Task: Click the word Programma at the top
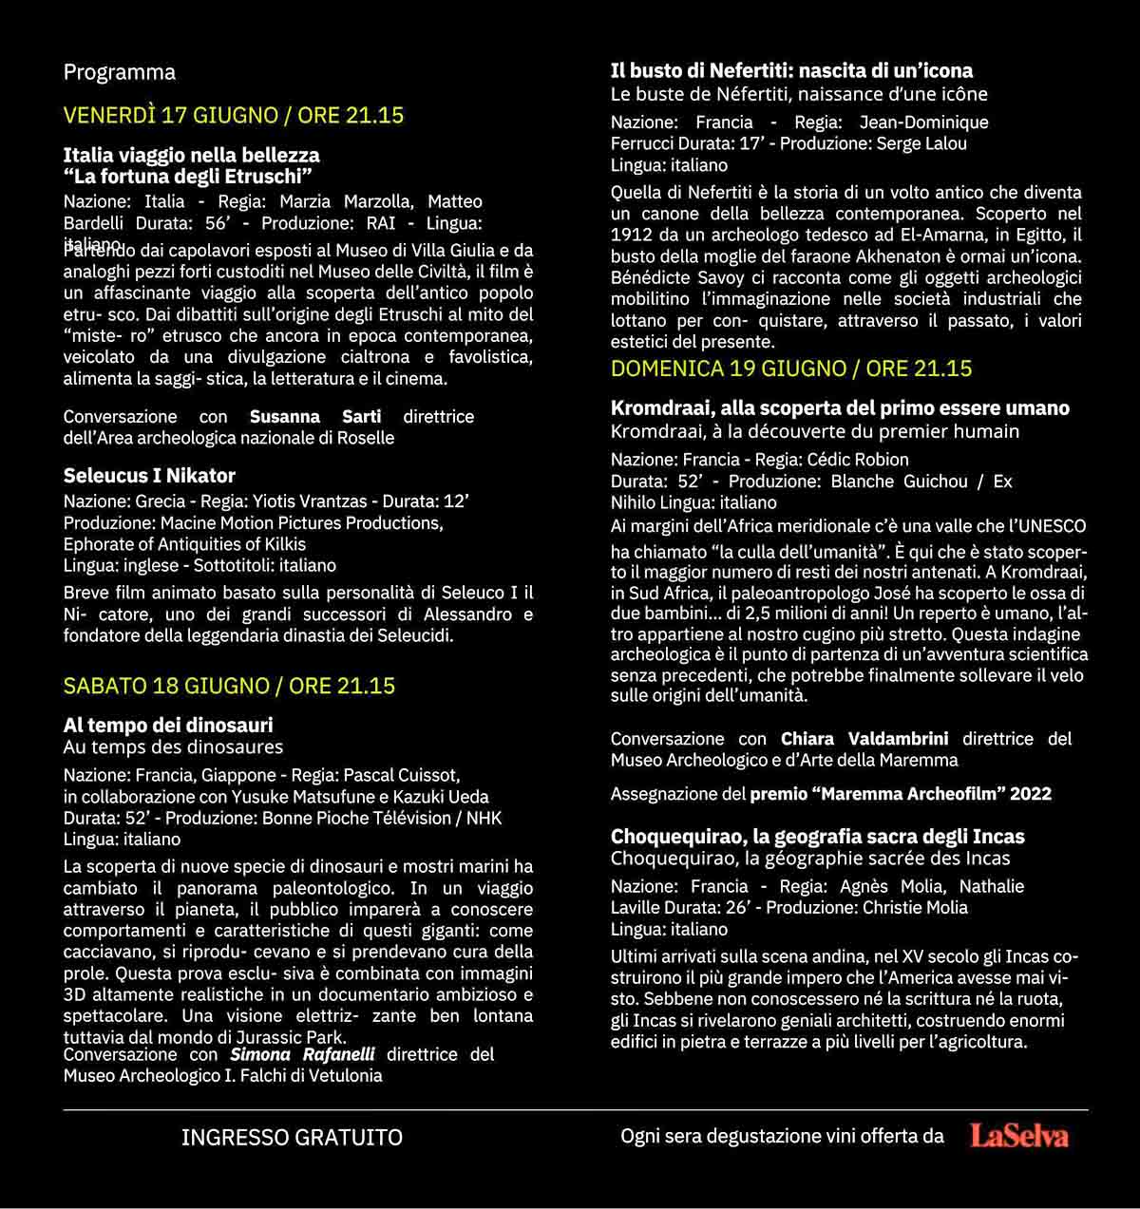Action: (x=120, y=72)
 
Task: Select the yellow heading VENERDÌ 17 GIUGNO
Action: (x=233, y=115)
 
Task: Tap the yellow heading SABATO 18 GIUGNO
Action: (x=229, y=686)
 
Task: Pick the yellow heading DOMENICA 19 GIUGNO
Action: (x=791, y=368)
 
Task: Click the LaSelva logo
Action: (x=1019, y=1136)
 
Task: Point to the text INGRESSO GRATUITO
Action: (x=292, y=1137)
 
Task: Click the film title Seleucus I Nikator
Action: (x=149, y=476)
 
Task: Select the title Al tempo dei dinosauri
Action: (x=168, y=726)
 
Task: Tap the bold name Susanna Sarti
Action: (x=315, y=417)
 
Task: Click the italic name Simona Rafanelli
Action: (x=302, y=1054)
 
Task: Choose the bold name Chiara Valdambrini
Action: (x=864, y=739)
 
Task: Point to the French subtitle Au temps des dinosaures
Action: (x=173, y=747)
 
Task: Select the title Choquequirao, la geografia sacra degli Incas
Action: (x=817, y=837)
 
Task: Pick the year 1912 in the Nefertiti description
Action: (x=631, y=235)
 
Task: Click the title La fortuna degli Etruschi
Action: (x=188, y=177)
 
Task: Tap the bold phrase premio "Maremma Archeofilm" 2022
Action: (x=901, y=794)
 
